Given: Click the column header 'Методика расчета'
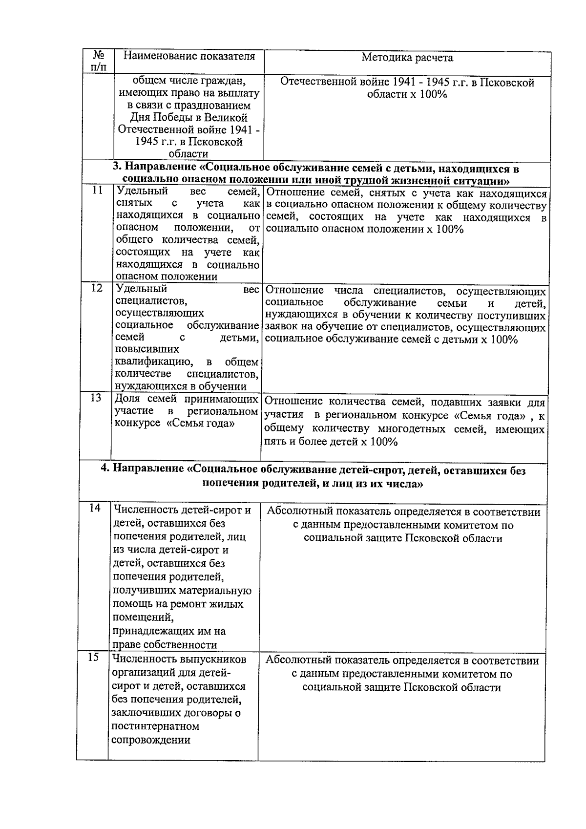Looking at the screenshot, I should point(407,58).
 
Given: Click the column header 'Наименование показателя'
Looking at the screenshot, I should point(189,56).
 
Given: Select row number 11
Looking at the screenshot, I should point(97,191).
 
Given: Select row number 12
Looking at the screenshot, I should point(97,288).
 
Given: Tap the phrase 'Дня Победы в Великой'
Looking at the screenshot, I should point(189,118).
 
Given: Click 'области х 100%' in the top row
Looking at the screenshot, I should point(407,95).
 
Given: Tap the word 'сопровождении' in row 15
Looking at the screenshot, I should point(150,740).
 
